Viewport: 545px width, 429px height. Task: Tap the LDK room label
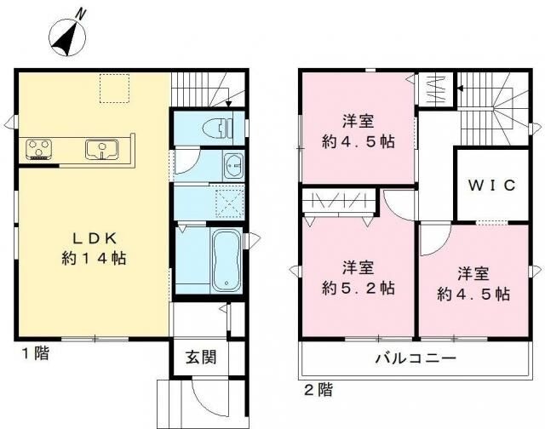click(94, 238)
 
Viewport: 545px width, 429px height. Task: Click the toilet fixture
click(217, 128)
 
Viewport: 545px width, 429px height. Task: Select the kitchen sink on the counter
click(102, 149)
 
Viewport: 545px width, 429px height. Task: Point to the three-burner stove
click(39, 149)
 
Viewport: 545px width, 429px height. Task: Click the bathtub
click(227, 260)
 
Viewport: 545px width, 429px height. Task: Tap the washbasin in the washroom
click(233, 166)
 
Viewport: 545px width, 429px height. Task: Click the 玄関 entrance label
click(201, 357)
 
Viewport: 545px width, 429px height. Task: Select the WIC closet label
click(491, 186)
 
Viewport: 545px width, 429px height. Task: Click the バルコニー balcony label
click(416, 358)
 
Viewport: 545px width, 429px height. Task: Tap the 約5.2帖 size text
click(358, 288)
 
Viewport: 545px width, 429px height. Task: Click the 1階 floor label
click(36, 353)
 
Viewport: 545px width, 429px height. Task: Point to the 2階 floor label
click(318, 390)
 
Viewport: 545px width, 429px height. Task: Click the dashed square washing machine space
click(229, 203)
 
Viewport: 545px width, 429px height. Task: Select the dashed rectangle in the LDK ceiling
click(115, 89)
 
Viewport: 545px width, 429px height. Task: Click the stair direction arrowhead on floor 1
click(229, 103)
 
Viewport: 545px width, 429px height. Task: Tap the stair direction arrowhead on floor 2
click(460, 89)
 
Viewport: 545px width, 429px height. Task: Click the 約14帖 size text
click(94, 258)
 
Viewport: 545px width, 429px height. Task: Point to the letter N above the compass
click(81, 14)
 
